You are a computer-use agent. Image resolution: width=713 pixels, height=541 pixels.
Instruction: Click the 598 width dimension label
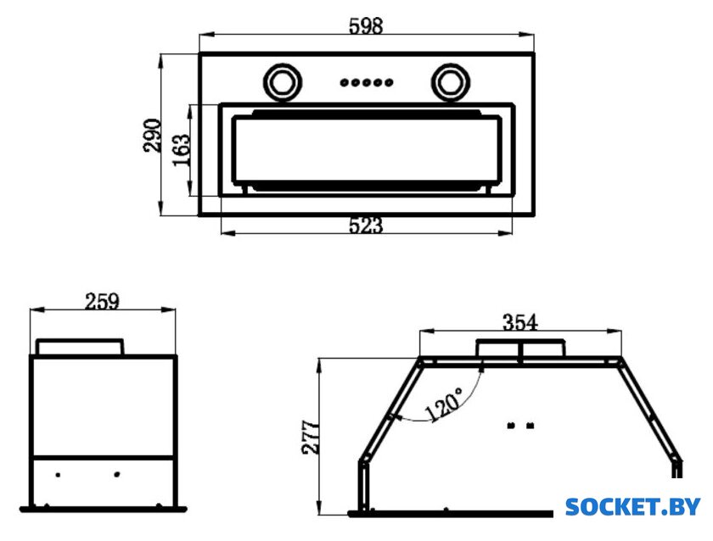click(366, 26)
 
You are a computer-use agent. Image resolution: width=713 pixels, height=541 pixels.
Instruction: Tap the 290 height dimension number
click(152, 136)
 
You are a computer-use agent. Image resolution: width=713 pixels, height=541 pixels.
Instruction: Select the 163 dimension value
click(182, 150)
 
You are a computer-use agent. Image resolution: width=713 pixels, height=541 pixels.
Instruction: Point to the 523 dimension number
click(366, 226)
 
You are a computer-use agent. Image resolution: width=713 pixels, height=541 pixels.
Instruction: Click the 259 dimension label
click(103, 301)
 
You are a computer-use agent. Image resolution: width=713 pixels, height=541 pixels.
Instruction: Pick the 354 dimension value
click(520, 322)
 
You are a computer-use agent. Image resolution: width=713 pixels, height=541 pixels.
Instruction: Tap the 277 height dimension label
click(311, 438)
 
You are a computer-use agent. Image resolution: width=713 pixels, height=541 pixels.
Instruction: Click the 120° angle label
click(444, 404)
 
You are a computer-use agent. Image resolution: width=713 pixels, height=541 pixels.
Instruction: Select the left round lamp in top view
click(283, 82)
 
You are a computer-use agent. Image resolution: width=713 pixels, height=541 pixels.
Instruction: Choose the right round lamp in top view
click(451, 82)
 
